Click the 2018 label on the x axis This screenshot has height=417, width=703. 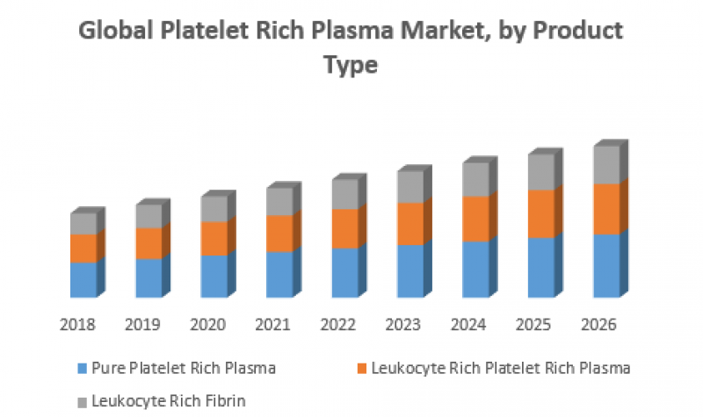coord(77,325)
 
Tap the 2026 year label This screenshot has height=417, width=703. coord(599,325)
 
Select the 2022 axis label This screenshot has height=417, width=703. coord(338,325)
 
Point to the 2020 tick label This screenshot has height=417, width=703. coord(207,325)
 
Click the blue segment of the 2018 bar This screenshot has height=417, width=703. coord(83,279)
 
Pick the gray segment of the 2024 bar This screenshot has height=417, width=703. coord(475,179)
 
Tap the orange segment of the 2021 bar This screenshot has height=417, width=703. coord(279,234)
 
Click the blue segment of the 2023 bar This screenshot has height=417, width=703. coord(409,270)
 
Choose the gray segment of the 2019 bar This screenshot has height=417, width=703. coord(149,216)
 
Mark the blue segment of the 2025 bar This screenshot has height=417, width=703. coord(540,267)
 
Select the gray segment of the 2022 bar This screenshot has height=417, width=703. coord(344,193)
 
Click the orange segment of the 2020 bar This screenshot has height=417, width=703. coord(214,238)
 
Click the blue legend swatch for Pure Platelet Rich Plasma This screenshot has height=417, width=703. coord(83,368)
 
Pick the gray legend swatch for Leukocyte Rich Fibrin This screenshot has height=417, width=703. coord(83,400)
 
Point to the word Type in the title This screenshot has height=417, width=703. coord(351,67)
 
